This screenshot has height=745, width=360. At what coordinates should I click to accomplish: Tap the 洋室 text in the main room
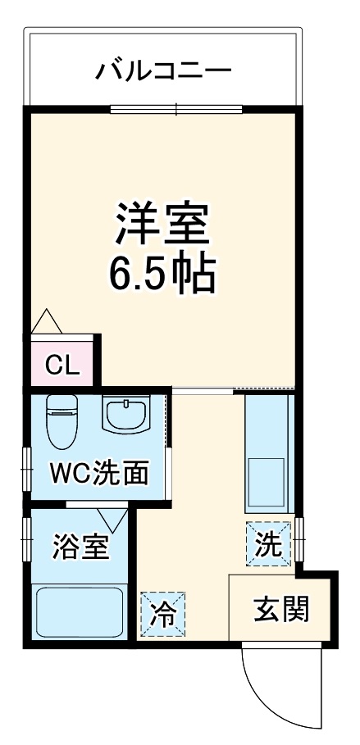click(162, 223)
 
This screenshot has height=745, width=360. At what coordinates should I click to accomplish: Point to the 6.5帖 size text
click(162, 275)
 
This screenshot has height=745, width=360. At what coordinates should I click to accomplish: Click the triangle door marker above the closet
click(46, 321)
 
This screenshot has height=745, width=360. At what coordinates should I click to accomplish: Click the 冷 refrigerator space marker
click(162, 613)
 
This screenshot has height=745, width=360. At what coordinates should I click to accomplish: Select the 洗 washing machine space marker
click(268, 544)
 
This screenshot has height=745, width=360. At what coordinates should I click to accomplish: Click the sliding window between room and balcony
click(176, 108)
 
